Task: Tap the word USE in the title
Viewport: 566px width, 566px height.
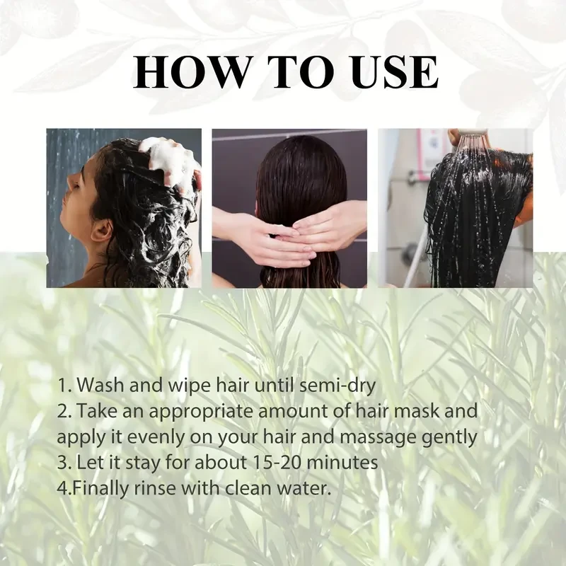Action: (388, 71)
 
